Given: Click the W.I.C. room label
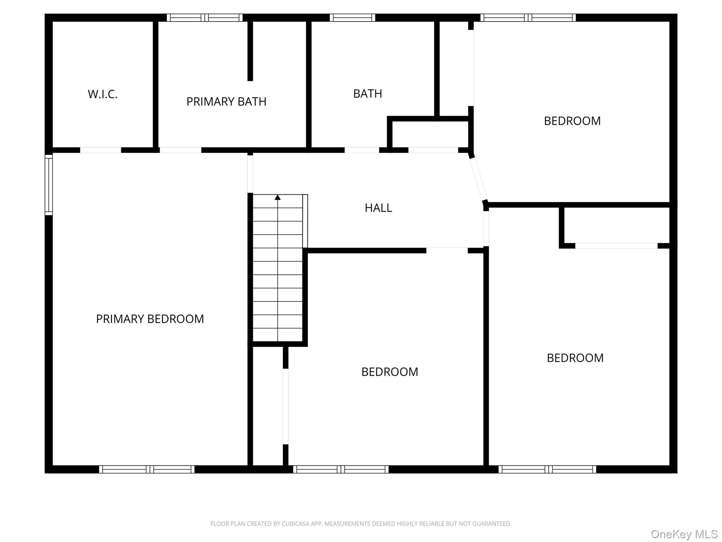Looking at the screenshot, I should pos(103,94).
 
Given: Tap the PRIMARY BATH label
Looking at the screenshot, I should pos(226,102).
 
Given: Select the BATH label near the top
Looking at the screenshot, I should pos(367,94).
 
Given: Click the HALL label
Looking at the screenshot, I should pos(378,208).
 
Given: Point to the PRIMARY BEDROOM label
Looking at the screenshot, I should pos(150,319).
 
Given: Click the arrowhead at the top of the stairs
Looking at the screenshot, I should pos(278,198).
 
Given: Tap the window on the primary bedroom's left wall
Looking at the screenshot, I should pos(49,185).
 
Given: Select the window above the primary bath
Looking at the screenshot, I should pos(205,18).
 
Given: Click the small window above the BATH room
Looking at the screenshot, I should pos(352,18).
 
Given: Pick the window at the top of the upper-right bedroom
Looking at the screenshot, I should pos(528,18).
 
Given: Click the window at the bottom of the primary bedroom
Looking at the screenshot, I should pos(147,469).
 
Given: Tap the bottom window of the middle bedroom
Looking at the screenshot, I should pos(341,469).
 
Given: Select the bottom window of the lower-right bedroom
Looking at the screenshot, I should pos(547,469).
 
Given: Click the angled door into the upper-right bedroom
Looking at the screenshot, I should pos(478,179).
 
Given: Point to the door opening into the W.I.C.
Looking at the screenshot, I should pos(100,150).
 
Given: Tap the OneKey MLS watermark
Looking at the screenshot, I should pos(684,534).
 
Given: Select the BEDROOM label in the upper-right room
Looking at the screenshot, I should pos(572,121).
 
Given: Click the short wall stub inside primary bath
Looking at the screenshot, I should pos(250,51).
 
